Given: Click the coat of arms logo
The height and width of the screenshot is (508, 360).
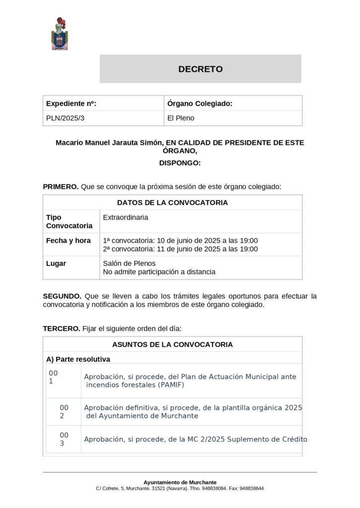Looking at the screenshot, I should tap(59, 34).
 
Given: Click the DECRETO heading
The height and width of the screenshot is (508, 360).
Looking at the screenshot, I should tap(201, 69).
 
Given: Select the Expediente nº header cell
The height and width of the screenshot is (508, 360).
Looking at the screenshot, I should tap(71, 103).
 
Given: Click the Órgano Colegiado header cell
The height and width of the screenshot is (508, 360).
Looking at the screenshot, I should tap(200, 103).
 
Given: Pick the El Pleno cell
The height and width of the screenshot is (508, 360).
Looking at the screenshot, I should tap(181, 118).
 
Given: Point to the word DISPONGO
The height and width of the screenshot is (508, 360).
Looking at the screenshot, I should tap(180, 163).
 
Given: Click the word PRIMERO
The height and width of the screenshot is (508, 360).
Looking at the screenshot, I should tap(61, 187).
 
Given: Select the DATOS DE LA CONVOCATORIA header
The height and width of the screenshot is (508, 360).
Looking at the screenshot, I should tap(172, 202).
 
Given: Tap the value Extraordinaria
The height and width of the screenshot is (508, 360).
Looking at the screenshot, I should tap(126, 217).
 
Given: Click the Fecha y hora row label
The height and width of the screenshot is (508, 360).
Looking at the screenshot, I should tap(69, 241).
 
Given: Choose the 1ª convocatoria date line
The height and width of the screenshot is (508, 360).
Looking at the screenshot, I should tap(180, 241).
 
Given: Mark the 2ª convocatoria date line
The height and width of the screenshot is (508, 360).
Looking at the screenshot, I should tap(180, 249).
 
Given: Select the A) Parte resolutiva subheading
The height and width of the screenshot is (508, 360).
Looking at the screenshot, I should tap(78, 359).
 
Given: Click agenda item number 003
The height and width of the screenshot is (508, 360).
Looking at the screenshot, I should tap(64, 439).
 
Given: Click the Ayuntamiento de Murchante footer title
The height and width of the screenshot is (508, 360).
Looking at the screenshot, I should tap(180, 482).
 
